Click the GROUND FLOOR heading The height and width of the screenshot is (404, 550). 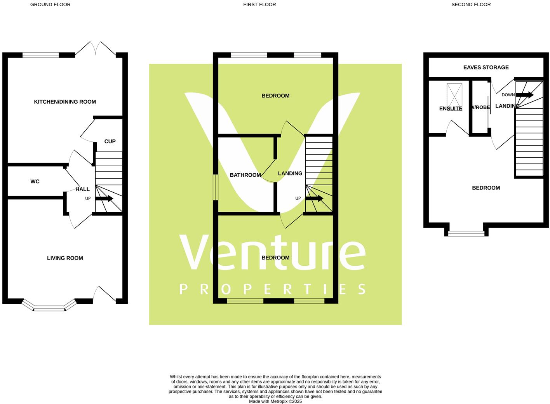pyautogui.click(x=50, y=5)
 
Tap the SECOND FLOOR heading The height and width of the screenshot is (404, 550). pyautogui.click(x=471, y=5)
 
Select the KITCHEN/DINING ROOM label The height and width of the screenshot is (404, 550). pyautogui.click(x=65, y=102)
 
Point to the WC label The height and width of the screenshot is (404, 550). pyautogui.click(x=35, y=181)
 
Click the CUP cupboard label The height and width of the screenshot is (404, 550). pyautogui.click(x=110, y=141)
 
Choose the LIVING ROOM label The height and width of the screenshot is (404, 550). pyautogui.click(x=65, y=258)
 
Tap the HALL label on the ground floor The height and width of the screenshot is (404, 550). pyautogui.click(x=82, y=189)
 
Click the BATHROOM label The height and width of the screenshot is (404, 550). pyautogui.click(x=245, y=175)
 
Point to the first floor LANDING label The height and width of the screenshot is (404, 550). pyautogui.click(x=290, y=173)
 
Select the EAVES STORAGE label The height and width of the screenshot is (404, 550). pyautogui.click(x=486, y=67)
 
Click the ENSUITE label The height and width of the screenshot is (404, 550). pyautogui.click(x=451, y=108)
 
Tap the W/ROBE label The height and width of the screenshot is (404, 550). pyautogui.click(x=481, y=107)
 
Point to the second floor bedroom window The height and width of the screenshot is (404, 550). pyautogui.click(x=466, y=233)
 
